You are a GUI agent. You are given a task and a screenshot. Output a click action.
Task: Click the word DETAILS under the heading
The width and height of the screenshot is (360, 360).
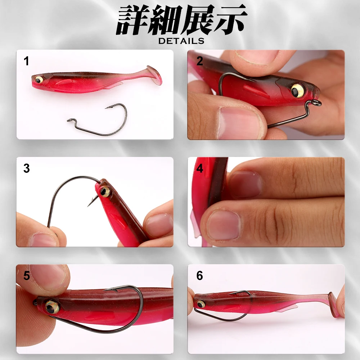181,41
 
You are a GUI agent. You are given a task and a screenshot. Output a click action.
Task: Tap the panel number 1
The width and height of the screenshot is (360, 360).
26,61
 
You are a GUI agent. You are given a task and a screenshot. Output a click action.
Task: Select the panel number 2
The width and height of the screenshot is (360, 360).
200,61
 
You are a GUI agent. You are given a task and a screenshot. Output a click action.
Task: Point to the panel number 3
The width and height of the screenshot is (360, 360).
26,168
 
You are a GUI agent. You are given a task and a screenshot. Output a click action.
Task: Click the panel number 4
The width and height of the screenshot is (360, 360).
200,168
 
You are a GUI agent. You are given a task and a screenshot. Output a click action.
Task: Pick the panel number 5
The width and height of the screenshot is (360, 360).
26,276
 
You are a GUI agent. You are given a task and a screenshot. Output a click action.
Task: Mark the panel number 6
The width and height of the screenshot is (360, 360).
200,276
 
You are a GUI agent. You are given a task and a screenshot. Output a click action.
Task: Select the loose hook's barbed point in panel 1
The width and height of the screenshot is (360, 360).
108,107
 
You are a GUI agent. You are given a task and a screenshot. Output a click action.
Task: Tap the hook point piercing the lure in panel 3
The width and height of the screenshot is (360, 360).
89,204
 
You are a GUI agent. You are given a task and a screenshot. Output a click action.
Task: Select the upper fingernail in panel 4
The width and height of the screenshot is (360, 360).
246,184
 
